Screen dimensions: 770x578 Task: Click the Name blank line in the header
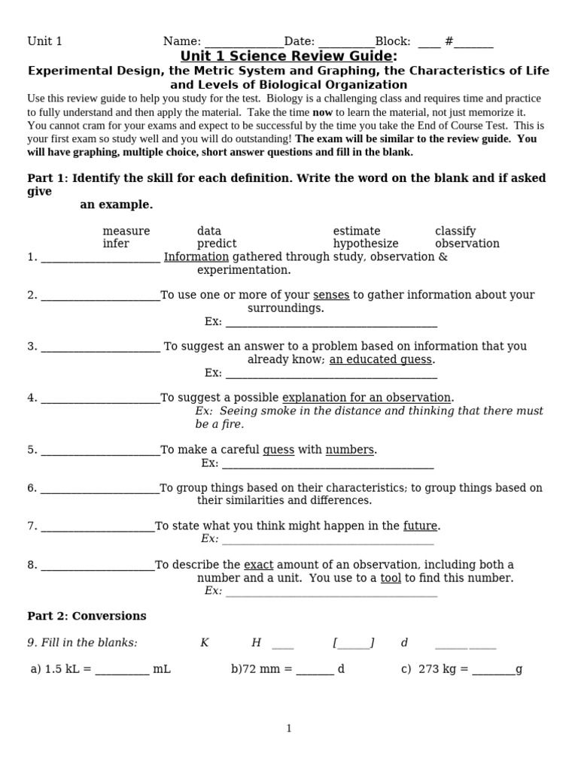243,43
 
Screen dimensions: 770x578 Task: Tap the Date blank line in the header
346,43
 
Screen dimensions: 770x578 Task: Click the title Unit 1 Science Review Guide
288,56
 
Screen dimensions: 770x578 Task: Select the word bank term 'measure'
126,231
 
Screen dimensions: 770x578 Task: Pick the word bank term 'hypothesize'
366,244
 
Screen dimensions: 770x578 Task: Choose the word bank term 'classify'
455,231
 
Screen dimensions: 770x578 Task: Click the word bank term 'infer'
116,244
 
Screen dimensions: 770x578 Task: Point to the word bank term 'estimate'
357,231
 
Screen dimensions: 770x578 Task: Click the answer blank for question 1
100,258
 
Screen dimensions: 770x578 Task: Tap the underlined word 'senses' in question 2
331,295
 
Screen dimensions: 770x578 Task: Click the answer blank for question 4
100,399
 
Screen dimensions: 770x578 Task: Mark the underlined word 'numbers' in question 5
349,450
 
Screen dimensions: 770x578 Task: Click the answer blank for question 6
100,489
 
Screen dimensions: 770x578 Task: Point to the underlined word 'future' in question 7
421,526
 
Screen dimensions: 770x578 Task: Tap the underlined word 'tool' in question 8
391,577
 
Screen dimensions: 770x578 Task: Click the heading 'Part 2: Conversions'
87,616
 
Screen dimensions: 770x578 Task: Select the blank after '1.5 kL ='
122,669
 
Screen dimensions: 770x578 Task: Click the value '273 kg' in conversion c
433,668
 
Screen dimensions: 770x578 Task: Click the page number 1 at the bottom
289,728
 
